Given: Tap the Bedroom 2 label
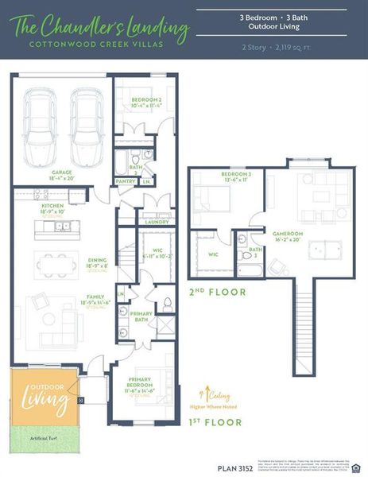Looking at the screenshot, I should coord(146,102).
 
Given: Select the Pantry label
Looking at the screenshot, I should coord(126,181).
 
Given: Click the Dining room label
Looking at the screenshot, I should coord(97,262).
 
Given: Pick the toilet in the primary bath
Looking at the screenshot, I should coord(167,303).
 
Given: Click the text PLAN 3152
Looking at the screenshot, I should coord(236,468).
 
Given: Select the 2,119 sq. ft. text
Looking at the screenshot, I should coord(270,48).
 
